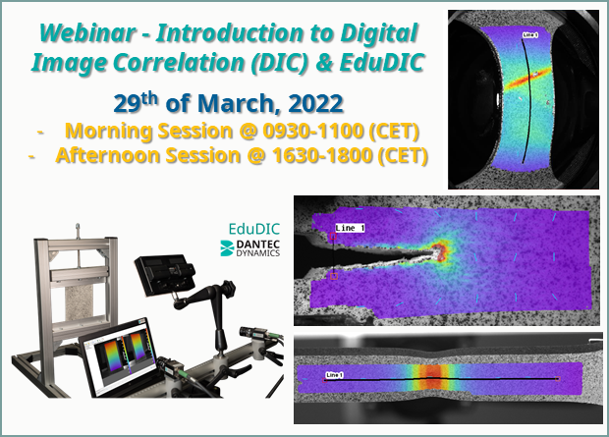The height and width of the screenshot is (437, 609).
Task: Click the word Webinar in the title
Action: point(87,32)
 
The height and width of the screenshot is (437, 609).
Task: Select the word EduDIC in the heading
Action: point(382,62)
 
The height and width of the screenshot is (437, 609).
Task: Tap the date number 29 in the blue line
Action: point(127,104)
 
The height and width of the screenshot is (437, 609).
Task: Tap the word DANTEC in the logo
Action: point(258,245)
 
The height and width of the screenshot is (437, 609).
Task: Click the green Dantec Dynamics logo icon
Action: point(227,248)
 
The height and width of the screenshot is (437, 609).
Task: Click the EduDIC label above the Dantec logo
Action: point(254,229)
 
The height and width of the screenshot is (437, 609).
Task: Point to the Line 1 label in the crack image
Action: point(350,228)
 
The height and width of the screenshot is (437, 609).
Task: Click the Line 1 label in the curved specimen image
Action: point(530,35)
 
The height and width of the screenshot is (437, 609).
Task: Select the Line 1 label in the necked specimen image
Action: point(334,375)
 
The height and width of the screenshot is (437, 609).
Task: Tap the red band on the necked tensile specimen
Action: point(431,376)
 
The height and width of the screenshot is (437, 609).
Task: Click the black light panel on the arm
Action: point(165,274)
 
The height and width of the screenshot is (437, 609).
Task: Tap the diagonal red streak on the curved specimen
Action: point(527,80)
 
